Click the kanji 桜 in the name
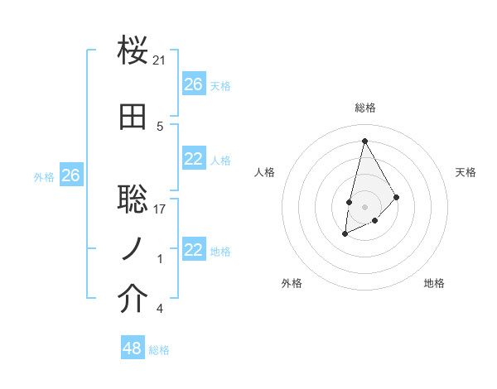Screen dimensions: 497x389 [x=133, y=51]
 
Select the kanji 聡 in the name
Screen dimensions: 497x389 [x=133, y=199]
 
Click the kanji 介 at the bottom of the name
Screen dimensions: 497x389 [x=133, y=300]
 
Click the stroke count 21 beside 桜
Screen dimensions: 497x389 [x=160, y=60]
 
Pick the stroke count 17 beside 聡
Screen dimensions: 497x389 [x=160, y=209]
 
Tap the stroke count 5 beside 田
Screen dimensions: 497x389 [x=160, y=127]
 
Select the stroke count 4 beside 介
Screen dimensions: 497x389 [x=160, y=310]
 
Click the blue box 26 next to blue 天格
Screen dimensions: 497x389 [x=194, y=84]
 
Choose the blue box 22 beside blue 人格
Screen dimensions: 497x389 [x=194, y=159]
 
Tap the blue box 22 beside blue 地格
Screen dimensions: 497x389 [x=194, y=250]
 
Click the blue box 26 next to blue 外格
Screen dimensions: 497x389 [x=70, y=175]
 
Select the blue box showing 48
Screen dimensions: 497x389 [x=133, y=348]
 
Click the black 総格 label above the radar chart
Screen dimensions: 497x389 [x=364, y=108]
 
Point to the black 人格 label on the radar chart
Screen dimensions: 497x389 [x=265, y=172]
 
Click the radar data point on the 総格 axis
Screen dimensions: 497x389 [x=364, y=140]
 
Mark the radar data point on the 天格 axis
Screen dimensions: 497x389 [x=397, y=197]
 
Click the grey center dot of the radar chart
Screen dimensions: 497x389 [x=364, y=205]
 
